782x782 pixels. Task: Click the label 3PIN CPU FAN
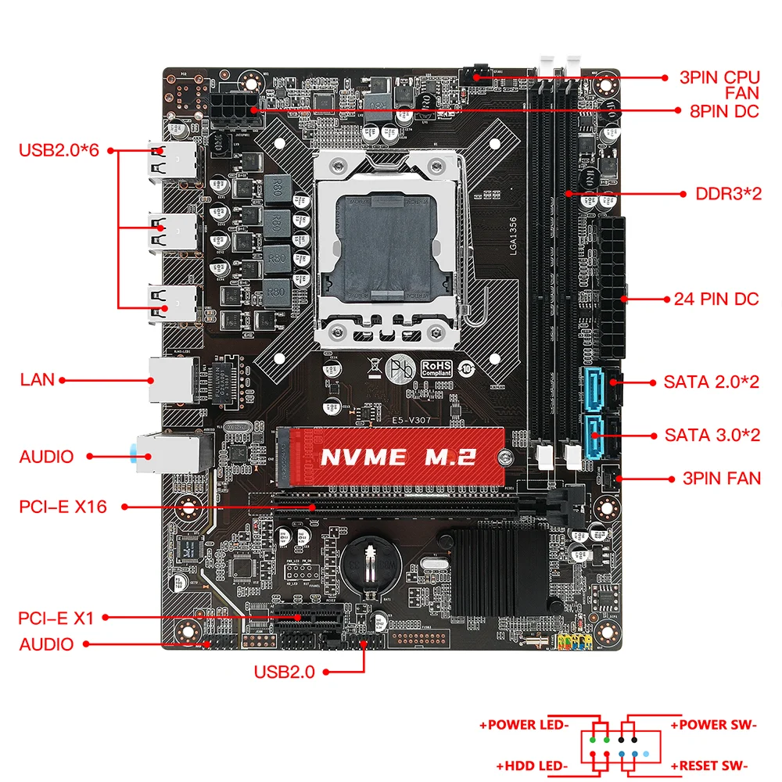pyautogui.click(x=719, y=85)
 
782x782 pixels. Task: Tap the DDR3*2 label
pyautogui.click(x=728, y=193)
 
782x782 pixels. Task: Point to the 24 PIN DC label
pyautogui.click(x=716, y=299)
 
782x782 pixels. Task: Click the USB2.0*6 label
pyautogui.click(x=59, y=150)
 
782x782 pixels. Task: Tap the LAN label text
pyautogui.click(x=38, y=380)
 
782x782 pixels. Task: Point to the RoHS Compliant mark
pyautogui.click(x=437, y=367)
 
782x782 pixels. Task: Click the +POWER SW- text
pyautogui.click(x=713, y=725)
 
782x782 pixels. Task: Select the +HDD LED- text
pyautogui.click(x=532, y=766)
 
